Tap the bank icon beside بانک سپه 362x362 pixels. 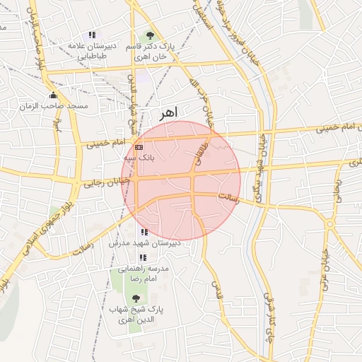[x=138, y=147]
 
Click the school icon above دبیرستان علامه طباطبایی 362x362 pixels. [x=92, y=35]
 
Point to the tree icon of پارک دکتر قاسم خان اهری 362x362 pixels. [x=149, y=35]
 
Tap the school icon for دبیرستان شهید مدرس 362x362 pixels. [x=144, y=232]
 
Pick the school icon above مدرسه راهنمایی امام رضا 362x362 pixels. [x=143, y=258]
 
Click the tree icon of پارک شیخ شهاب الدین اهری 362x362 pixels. [x=136, y=298]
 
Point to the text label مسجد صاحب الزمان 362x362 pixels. [x=65, y=106]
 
